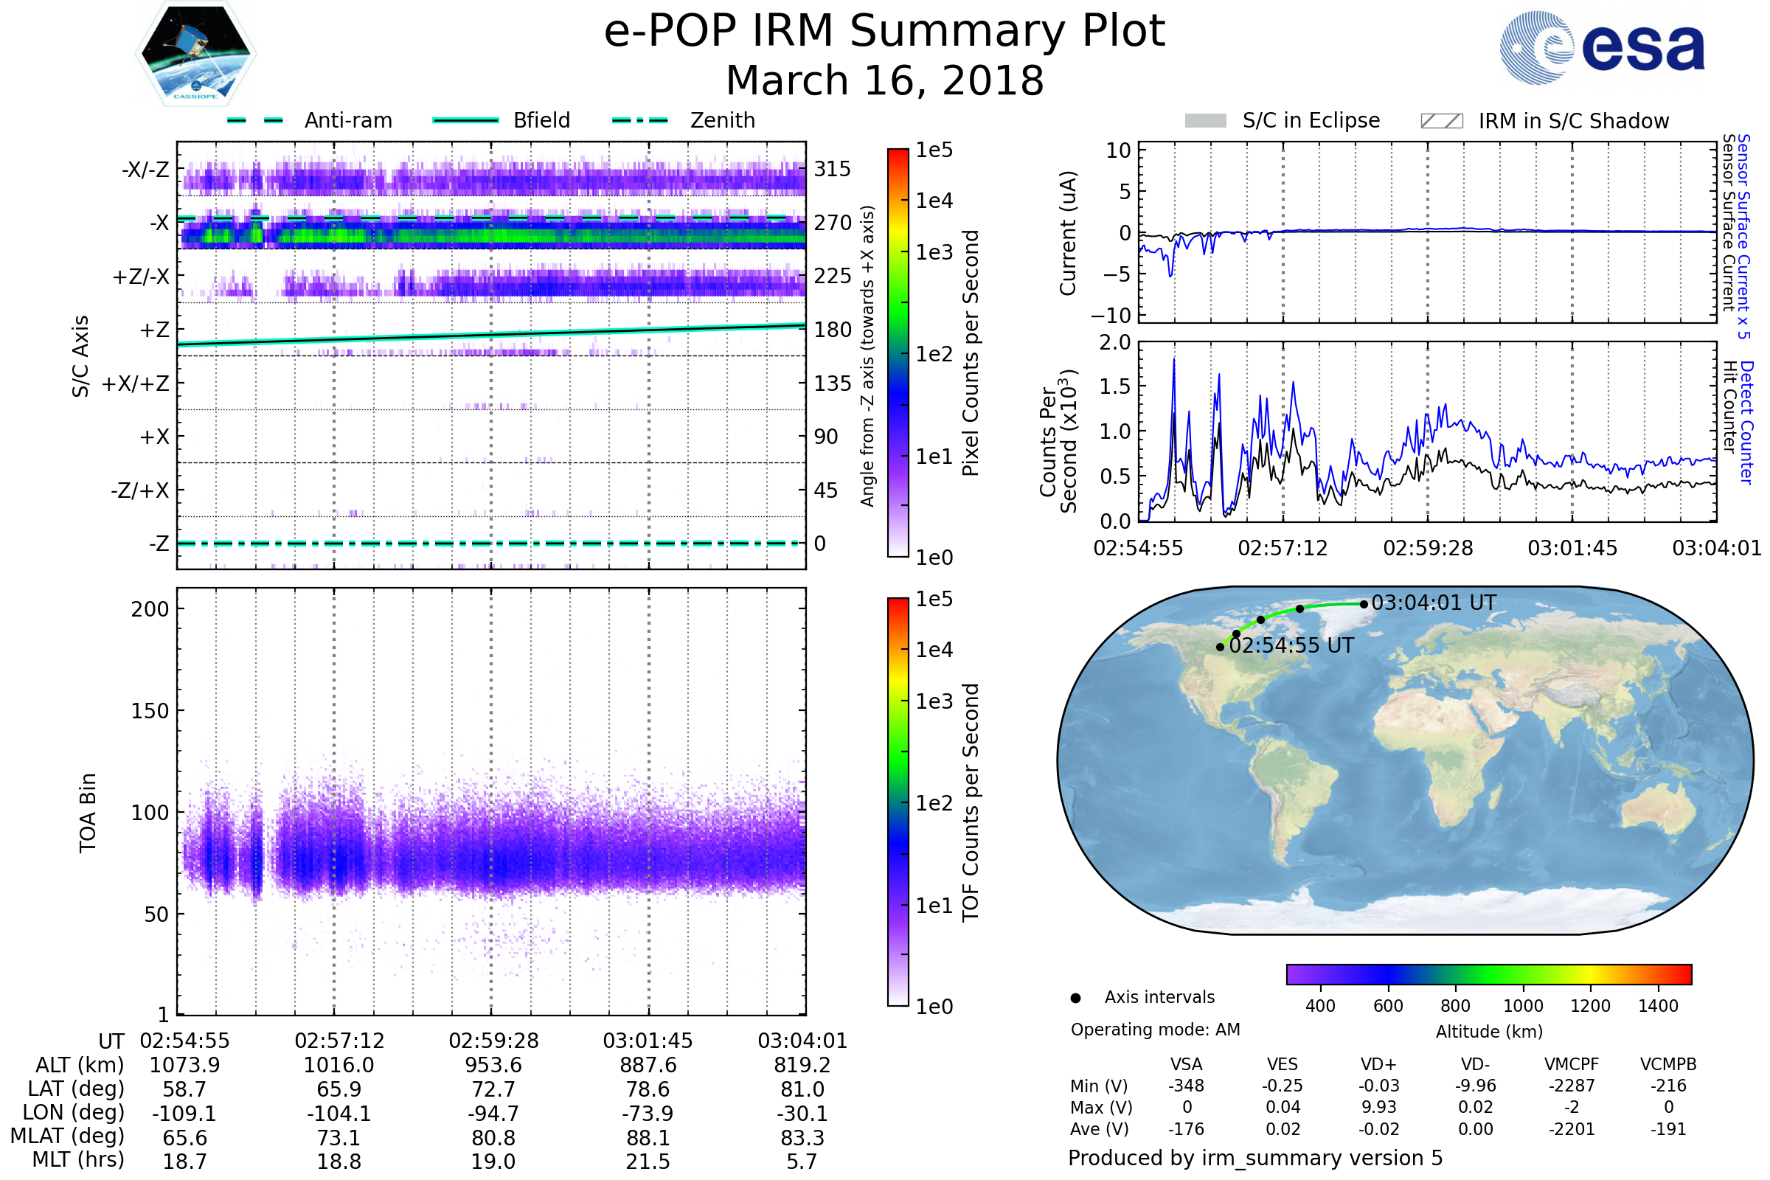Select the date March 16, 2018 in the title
pos(885,80)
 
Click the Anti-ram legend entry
pos(347,120)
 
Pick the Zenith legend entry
pos(723,120)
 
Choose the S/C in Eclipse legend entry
pos(1311,120)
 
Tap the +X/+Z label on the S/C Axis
pos(136,383)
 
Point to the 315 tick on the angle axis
pos(833,170)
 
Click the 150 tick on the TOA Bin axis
pos(150,711)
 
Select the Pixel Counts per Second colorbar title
pos(971,353)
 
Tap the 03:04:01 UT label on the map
pos(1434,603)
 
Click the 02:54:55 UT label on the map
pos(1291,646)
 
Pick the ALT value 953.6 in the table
pos(493,1066)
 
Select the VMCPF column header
pos(1572,1065)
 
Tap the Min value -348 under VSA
pos(1186,1086)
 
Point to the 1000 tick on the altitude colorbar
pos(1523,1006)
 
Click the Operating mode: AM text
pos(1155,1030)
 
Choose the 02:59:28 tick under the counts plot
pos(1428,548)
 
